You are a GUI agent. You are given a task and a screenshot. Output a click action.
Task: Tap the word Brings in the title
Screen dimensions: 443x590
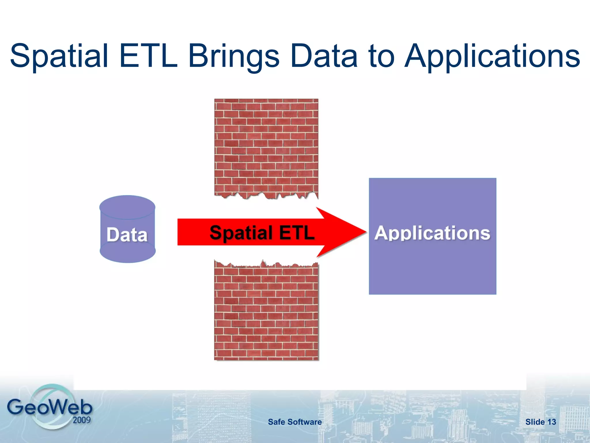[x=234, y=56]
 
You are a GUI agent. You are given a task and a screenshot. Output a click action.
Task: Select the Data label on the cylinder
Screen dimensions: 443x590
[x=127, y=234]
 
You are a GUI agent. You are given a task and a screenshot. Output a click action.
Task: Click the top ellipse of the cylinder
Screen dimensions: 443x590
[x=127, y=207]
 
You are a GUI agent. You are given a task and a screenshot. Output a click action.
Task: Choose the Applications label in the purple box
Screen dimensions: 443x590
[x=432, y=233]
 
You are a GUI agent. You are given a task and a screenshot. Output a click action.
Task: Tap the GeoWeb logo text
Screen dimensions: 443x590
[x=50, y=407]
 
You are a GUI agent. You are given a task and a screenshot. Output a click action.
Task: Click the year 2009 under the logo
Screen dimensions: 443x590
[x=82, y=420]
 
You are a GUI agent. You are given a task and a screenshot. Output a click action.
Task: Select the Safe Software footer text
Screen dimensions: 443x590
[x=295, y=422]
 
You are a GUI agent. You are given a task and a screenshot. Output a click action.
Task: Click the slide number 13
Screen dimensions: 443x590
[x=551, y=422]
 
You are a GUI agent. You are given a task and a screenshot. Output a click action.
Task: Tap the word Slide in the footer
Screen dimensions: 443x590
[x=535, y=422]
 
